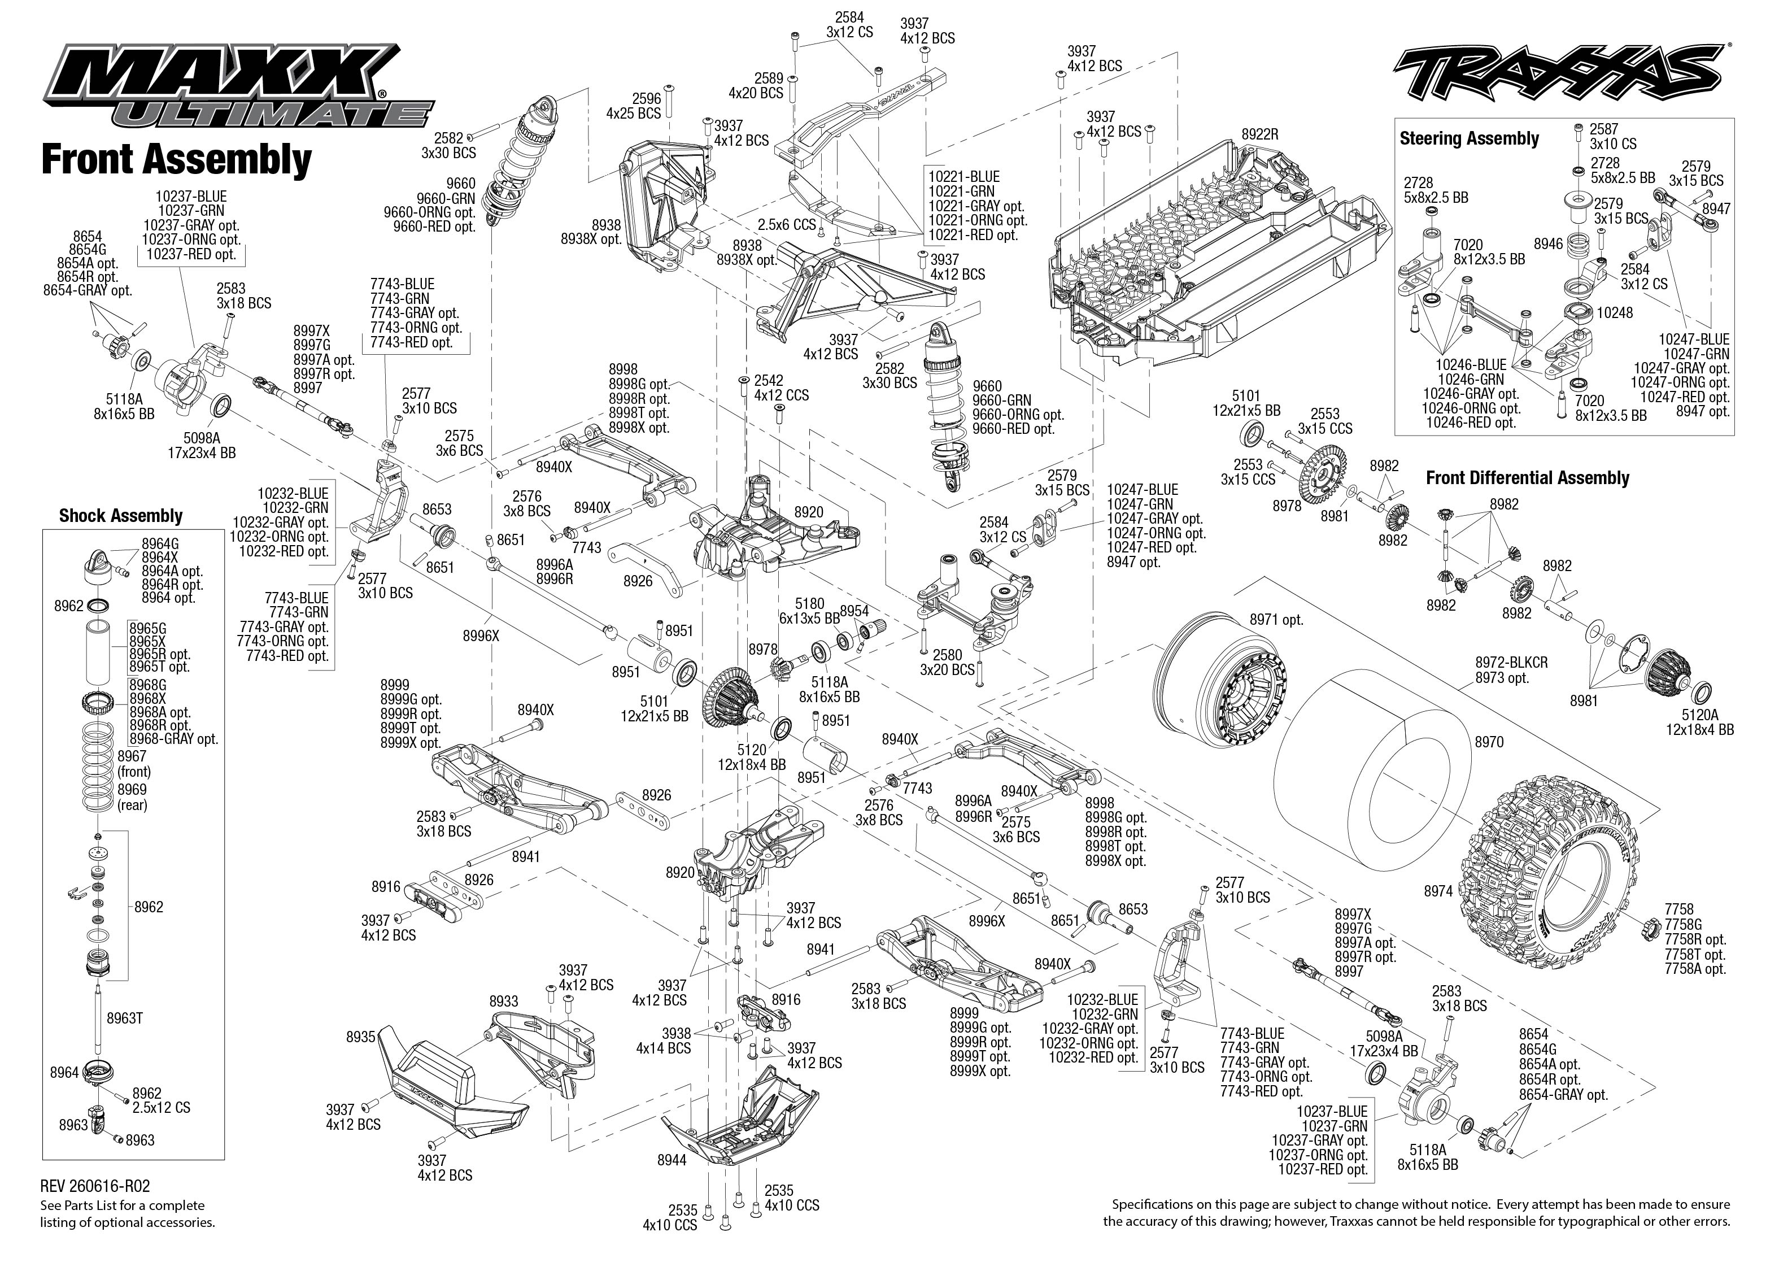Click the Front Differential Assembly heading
1527,478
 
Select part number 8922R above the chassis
1259,134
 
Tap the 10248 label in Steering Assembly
1615,313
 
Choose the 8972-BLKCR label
1511,663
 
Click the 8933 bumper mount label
504,1002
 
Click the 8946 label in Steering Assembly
1548,244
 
